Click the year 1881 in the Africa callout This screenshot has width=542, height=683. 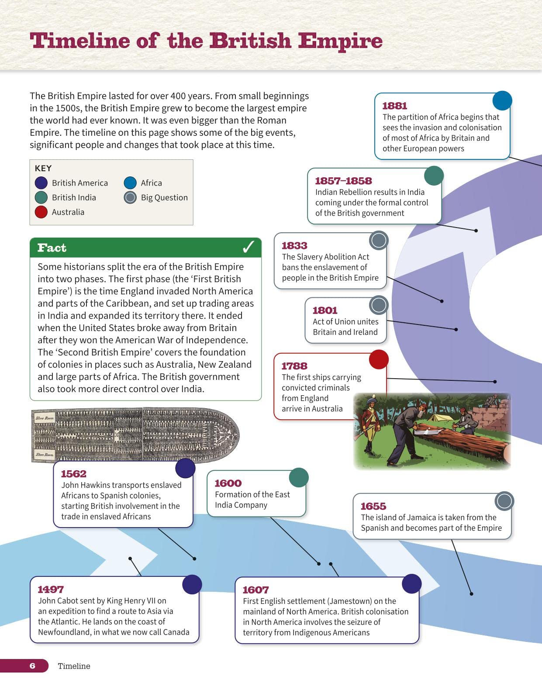(394, 106)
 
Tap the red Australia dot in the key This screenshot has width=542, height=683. (41, 212)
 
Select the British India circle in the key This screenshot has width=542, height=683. (41, 197)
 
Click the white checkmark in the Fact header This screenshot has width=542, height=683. (248, 248)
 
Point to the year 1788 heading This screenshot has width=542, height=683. (294, 366)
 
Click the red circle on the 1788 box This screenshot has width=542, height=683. (379, 359)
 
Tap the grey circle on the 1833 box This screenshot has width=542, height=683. (379, 240)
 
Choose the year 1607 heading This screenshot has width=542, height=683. (255, 590)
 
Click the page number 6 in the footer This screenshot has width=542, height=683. (32, 666)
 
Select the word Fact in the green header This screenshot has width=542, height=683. (52, 248)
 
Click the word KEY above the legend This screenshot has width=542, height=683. (43, 168)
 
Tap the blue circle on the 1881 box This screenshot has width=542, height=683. (502, 100)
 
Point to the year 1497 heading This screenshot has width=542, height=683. (51, 590)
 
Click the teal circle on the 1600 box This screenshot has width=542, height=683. (299, 477)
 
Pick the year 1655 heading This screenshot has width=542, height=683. (373, 506)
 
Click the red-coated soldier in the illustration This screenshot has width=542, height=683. (370, 421)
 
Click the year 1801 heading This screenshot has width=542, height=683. (325, 310)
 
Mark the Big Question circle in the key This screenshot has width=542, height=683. (130, 197)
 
